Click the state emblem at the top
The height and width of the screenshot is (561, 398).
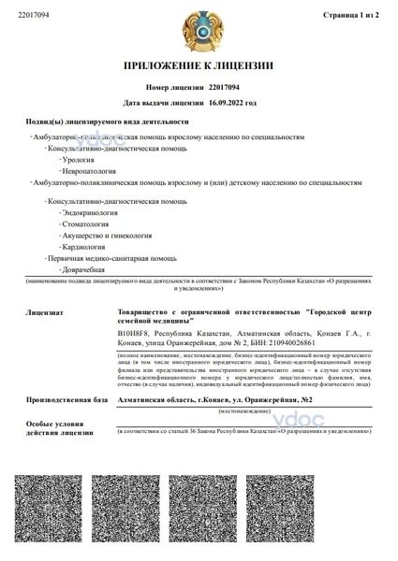tap(199, 30)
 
